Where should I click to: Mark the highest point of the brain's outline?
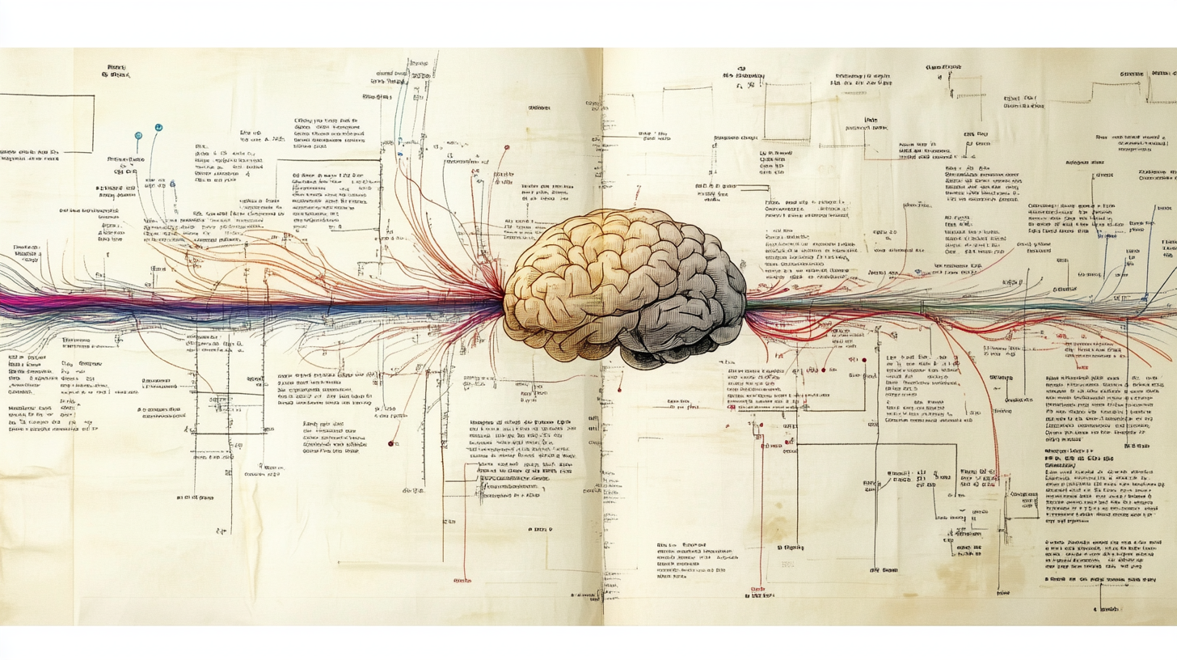pos(622,209)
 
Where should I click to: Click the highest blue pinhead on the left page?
pos(158,128)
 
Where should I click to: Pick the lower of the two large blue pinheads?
pos(138,133)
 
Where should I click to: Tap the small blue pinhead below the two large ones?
pos(172,184)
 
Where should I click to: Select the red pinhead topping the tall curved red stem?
pos(507,148)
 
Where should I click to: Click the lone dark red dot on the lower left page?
pos(390,443)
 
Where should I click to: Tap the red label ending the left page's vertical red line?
pos(462,581)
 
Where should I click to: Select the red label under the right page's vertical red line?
pos(757,589)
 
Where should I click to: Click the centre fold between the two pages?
pos(602,485)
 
